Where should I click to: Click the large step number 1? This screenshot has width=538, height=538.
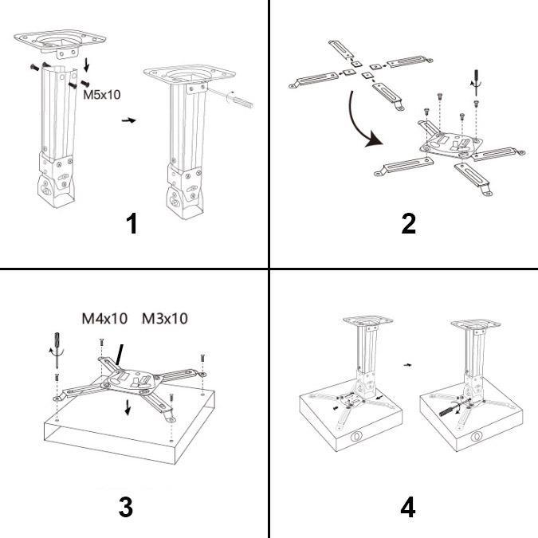coord(132,223)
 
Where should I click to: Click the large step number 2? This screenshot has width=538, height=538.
coord(409,223)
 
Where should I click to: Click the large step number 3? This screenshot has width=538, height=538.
coord(126,507)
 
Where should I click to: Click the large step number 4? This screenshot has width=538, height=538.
coord(408,507)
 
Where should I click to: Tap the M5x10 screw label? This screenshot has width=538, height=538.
coord(101,95)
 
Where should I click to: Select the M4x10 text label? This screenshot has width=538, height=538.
coord(104,319)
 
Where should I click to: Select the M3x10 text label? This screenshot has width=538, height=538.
coord(165,319)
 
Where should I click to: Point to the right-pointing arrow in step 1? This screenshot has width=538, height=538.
coord(128,120)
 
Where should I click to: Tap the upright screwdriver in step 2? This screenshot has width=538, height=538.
coord(476,82)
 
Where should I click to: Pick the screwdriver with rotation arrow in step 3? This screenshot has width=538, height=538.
coord(57,350)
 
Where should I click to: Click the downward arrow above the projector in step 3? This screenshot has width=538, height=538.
coord(128,407)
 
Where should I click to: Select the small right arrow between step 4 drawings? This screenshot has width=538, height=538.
coord(407,365)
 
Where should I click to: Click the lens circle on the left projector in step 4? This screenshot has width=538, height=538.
coord(355,437)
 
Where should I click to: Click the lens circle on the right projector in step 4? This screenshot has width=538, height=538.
coord(477,437)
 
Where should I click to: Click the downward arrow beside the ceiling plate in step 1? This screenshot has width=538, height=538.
coord(86,65)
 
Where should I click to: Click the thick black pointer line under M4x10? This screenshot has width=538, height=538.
coord(120,355)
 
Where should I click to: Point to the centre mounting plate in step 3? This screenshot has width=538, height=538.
coord(132,381)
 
